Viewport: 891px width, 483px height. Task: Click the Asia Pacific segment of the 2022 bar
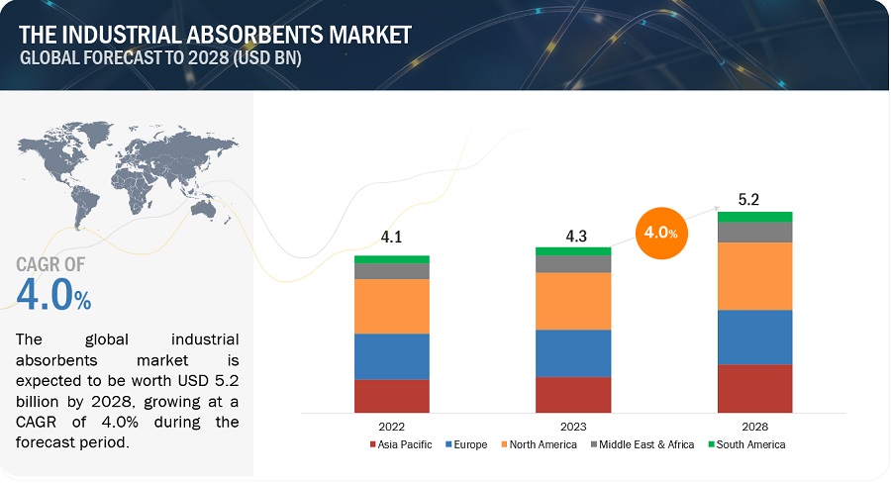coord(392,396)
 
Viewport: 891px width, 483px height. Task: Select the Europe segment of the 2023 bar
coord(573,353)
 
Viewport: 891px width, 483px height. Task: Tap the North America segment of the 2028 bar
coord(755,276)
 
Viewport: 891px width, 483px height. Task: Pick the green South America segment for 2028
coord(755,217)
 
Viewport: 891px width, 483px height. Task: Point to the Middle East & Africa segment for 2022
coord(392,271)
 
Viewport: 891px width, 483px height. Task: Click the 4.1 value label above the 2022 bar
coord(391,239)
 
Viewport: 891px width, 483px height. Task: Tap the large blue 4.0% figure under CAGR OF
coord(53,294)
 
